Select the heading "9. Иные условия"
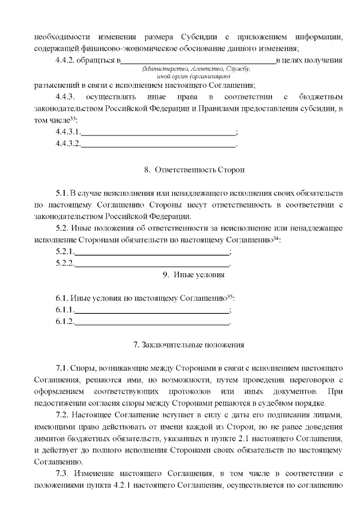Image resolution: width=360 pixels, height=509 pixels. point(193,275)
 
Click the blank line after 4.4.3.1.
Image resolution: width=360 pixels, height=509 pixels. point(159,133)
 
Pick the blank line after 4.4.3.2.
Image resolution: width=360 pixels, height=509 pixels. point(159,145)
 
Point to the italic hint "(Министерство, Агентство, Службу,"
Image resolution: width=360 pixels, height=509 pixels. point(197,68)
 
